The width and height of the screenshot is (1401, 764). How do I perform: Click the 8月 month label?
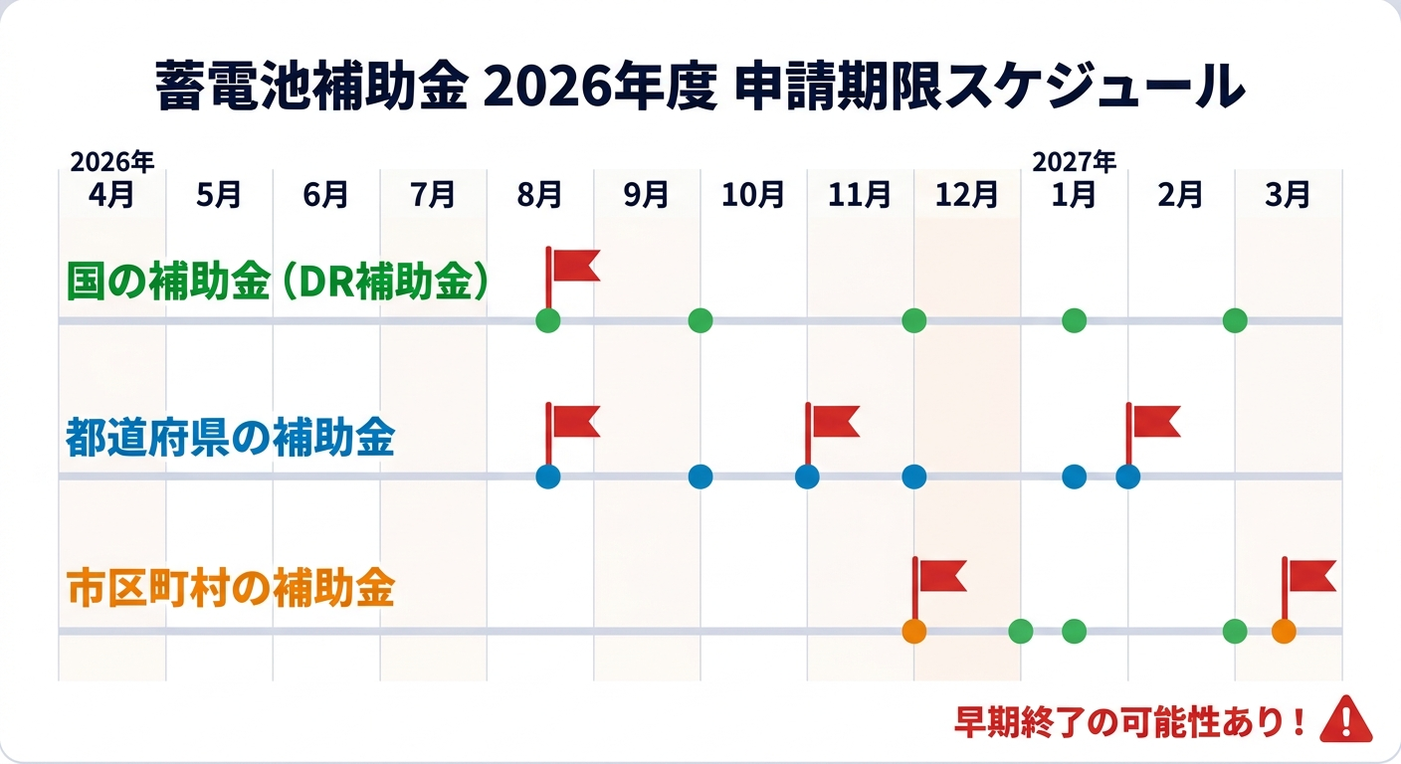pyautogui.click(x=539, y=194)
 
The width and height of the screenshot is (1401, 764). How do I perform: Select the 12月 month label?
pyautogui.click(x=966, y=194)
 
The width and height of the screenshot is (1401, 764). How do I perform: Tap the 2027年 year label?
pyautogui.click(x=1074, y=162)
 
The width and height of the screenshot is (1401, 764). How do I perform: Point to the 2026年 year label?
pyautogui.click(x=112, y=162)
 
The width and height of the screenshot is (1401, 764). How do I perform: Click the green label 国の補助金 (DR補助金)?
pyautogui.click(x=277, y=282)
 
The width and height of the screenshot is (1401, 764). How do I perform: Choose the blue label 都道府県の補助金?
pyautogui.click(x=230, y=437)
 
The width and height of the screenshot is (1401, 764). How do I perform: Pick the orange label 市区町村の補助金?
pyautogui.click(x=230, y=588)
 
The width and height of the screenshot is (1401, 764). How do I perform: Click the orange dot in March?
pyautogui.click(x=1284, y=632)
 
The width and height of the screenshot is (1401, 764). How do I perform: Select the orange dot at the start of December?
pyautogui.click(x=914, y=632)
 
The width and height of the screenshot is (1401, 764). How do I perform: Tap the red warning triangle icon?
pyautogui.click(x=1346, y=719)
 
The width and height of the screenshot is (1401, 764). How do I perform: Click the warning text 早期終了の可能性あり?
pyautogui.click(x=1130, y=722)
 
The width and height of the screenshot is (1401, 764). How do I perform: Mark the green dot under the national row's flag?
pyautogui.click(x=548, y=320)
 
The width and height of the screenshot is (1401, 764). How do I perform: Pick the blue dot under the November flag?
pyautogui.click(x=807, y=477)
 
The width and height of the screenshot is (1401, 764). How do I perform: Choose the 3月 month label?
pyautogui.click(x=1288, y=194)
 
